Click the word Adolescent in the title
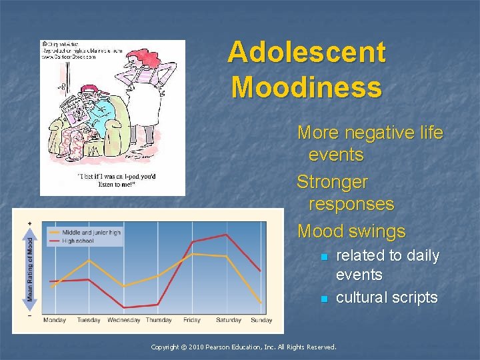click(x=306, y=52)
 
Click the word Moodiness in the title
click(x=307, y=87)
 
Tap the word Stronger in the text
click(x=332, y=181)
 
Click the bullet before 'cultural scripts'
click(x=324, y=299)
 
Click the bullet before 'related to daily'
click(x=324, y=257)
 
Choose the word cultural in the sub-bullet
click(x=363, y=297)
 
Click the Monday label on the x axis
click(x=55, y=320)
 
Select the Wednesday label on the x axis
click(x=123, y=320)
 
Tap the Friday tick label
click(x=191, y=320)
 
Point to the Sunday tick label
click(x=261, y=320)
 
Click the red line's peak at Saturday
click(x=227, y=235)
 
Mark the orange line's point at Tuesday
click(x=89, y=259)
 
